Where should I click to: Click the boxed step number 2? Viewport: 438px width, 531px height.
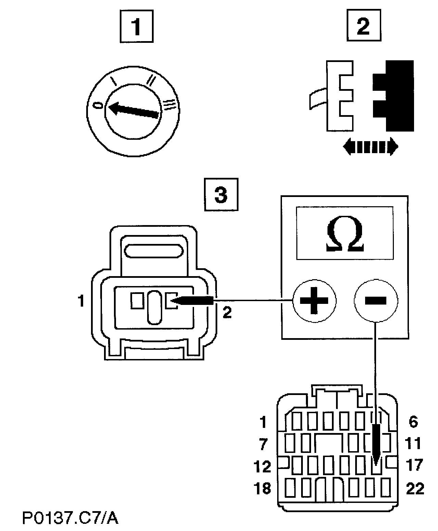pos(364,26)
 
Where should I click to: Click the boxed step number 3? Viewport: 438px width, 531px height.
pos(221,194)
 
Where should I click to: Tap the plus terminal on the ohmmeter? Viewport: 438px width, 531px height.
pos(314,301)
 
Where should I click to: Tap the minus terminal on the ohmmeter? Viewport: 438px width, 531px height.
pos(375,301)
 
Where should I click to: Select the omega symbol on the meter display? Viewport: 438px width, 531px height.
pos(344,235)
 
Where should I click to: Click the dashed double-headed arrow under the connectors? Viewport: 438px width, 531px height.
pos(370,147)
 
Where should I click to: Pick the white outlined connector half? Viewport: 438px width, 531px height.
pos(337,96)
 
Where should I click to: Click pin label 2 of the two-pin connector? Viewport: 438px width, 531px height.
pos(227,312)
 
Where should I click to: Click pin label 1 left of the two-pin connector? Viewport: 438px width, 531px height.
pos(81,302)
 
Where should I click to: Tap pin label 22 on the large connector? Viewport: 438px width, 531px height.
pos(415,488)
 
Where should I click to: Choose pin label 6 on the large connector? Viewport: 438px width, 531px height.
pos(413,422)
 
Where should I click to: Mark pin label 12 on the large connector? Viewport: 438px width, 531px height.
pos(263,466)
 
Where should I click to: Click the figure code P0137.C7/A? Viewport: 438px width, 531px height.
pos(70,518)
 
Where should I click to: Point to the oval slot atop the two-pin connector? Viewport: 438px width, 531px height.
pos(153,251)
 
